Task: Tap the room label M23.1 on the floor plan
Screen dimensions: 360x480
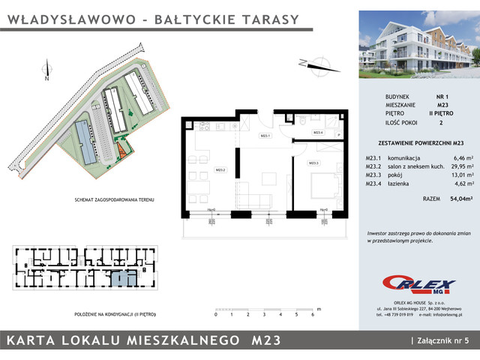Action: tap(265, 136)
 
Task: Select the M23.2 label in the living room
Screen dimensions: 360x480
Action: tap(220, 169)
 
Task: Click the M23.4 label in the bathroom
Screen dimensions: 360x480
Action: tap(317, 133)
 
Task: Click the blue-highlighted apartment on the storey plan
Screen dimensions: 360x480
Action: tap(123, 279)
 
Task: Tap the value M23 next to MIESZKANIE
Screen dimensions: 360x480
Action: tap(442, 106)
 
